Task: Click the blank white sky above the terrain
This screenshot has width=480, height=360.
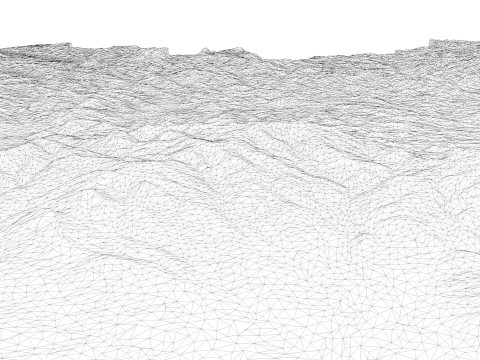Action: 240,20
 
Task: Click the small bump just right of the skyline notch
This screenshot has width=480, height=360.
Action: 205,49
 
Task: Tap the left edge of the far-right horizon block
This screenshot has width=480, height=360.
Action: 430,43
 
